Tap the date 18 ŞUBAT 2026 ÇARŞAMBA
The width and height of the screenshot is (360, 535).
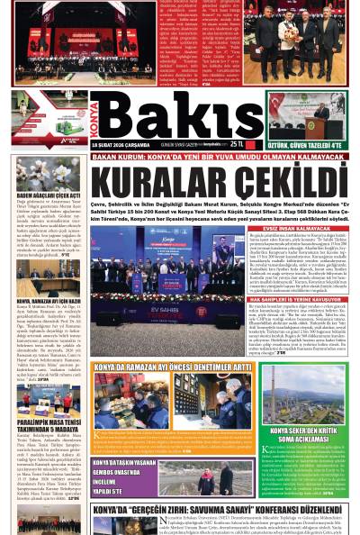(121, 144)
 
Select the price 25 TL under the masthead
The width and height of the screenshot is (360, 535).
(237, 144)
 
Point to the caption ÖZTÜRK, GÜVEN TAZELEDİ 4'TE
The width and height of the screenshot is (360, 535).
(306, 144)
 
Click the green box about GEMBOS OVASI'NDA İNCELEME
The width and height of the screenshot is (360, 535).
(126, 476)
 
